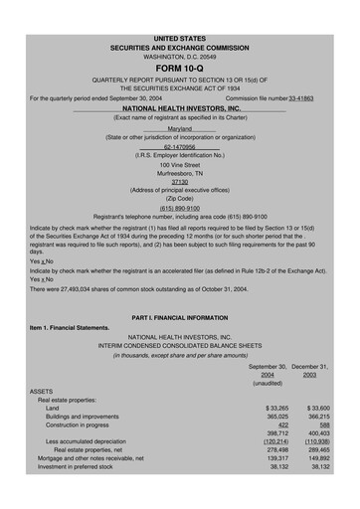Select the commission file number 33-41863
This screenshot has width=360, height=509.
(x=307, y=98)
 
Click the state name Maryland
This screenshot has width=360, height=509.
(x=180, y=129)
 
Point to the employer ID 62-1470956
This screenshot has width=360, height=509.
(x=180, y=147)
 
